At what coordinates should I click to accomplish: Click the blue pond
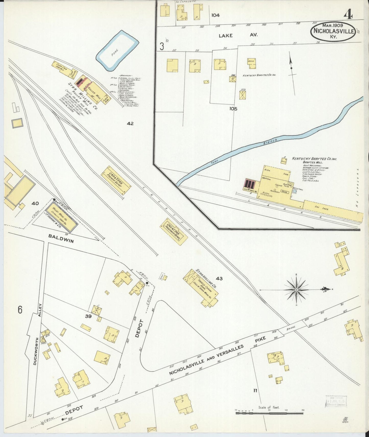point(117,51)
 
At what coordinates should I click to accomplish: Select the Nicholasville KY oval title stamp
point(332,31)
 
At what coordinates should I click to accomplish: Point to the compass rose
point(296,290)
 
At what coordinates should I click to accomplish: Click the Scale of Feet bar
point(269,413)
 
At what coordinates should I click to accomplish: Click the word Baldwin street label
point(61,239)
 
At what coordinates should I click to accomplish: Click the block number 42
point(130,124)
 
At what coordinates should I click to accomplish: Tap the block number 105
point(233,109)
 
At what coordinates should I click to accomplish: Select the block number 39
point(88,316)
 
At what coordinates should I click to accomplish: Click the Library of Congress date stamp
point(336,402)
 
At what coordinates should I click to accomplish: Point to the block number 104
point(215,15)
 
